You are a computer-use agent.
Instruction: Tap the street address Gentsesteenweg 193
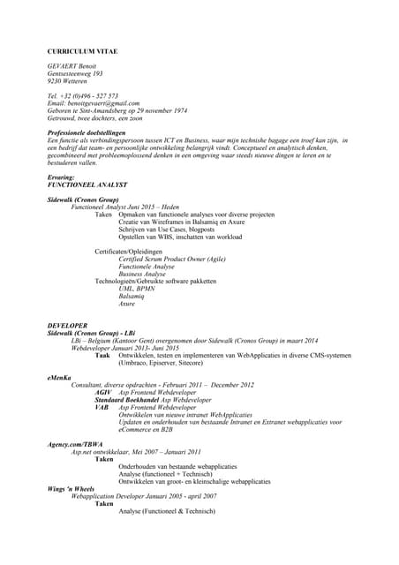tap(76, 73)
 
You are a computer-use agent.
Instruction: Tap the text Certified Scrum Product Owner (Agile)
tap(172, 259)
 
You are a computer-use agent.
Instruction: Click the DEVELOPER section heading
tap(67, 325)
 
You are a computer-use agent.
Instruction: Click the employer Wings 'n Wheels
tap(71, 488)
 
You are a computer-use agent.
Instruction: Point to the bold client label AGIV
tap(102, 392)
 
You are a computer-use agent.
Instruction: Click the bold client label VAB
tap(102, 407)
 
